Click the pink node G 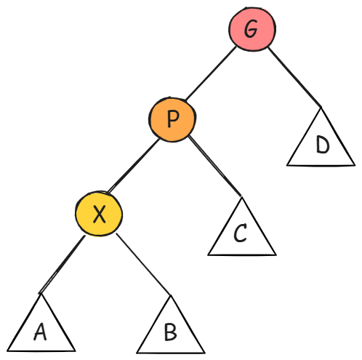(252, 29)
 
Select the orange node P (172, 119)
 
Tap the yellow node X (99, 214)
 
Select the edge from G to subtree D (294, 77)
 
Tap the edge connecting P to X (133, 166)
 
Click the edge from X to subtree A (63, 265)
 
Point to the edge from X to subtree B (143, 264)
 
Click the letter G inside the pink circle (251, 28)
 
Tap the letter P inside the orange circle (173, 119)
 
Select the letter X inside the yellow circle (100, 214)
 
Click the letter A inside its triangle (40, 332)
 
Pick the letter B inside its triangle (171, 332)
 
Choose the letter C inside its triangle (241, 233)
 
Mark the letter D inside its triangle (323, 144)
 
